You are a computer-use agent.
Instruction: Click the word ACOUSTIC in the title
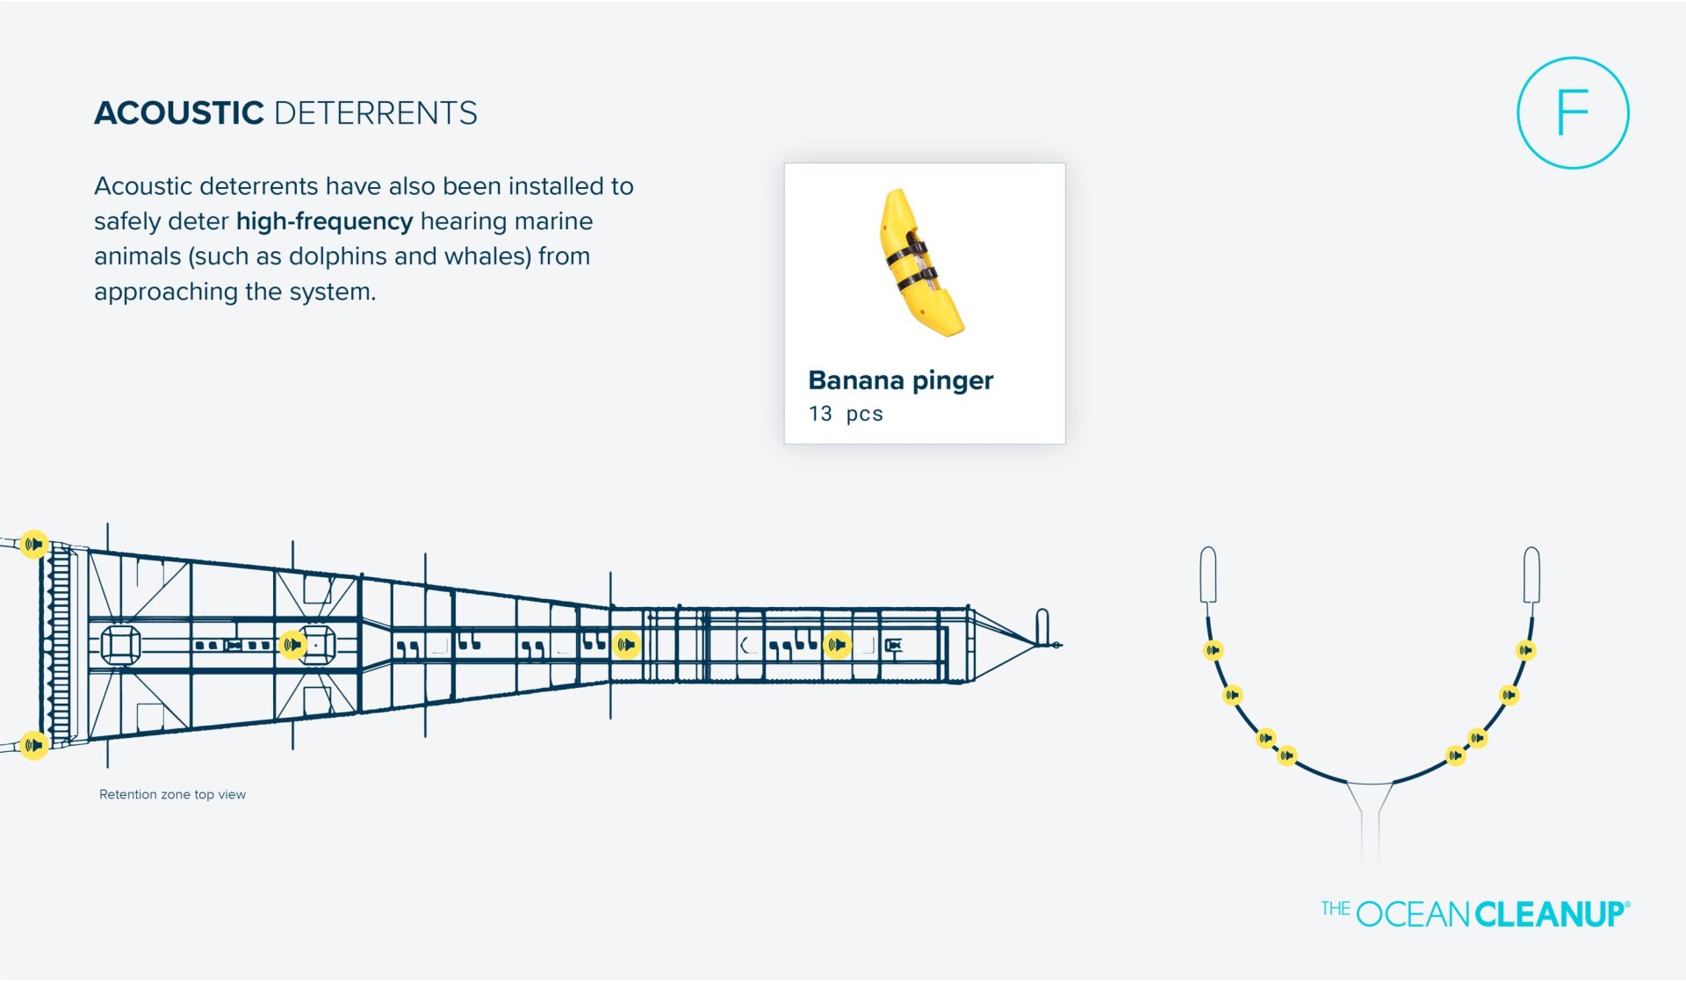179,113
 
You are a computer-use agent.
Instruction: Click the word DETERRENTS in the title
376,113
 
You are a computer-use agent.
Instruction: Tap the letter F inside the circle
1573,113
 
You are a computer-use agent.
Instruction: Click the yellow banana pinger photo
921,262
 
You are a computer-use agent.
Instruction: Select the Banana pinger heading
901,380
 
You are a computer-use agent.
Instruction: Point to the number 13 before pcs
820,414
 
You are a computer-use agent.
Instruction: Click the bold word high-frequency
324,221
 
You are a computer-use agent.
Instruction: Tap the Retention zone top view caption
172,794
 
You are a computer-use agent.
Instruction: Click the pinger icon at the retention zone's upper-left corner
34,545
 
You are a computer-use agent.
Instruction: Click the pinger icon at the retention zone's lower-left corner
34,746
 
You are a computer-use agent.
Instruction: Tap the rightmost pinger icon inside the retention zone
838,645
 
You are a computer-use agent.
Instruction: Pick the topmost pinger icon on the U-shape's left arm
1213,650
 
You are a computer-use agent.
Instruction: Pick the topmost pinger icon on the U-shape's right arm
1526,650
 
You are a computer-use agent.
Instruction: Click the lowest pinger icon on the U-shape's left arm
1286,755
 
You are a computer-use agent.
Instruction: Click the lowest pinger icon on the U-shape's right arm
1455,755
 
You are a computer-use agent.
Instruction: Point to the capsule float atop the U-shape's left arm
1208,575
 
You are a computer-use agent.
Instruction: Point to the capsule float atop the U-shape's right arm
1531,575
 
